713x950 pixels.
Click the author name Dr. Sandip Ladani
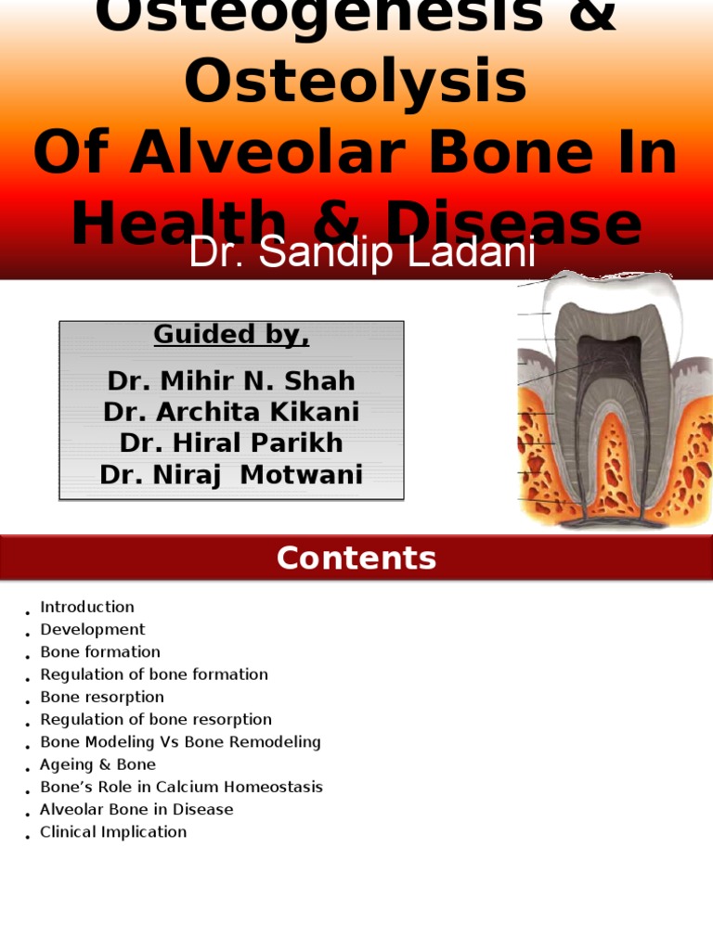(x=362, y=253)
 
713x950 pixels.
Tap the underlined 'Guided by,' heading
(x=231, y=335)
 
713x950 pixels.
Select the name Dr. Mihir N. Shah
(x=231, y=381)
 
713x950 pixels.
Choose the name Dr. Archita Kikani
(x=231, y=412)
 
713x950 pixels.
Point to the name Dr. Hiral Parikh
(x=231, y=443)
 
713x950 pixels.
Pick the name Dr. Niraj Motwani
(x=231, y=475)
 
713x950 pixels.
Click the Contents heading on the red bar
(x=356, y=558)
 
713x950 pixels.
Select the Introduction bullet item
(x=87, y=607)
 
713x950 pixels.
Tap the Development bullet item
(x=93, y=629)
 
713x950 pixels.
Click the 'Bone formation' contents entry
(x=100, y=652)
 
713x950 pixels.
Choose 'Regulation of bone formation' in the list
(x=154, y=674)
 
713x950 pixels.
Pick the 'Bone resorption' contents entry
(x=102, y=697)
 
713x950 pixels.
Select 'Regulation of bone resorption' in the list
(x=156, y=719)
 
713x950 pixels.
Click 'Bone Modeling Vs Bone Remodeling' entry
(x=180, y=742)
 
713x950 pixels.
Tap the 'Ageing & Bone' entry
(x=97, y=764)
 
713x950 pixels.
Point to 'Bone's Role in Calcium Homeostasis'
(x=181, y=787)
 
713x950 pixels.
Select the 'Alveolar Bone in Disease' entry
(x=136, y=809)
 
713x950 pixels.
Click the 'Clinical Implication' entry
(x=113, y=832)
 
